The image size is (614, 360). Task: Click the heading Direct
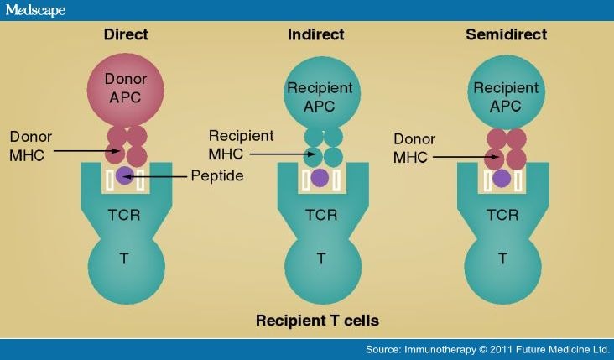coord(125,35)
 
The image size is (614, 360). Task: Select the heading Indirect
coord(320,35)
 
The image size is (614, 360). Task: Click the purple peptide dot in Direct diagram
coord(125,175)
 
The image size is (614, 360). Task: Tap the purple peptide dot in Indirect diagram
coord(320,177)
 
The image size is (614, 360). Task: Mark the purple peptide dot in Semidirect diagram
coord(501,178)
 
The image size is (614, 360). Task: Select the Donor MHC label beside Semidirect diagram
coord(416,148)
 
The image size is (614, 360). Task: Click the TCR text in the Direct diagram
coord(125,214)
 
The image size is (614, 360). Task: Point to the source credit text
coord(485,348)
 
